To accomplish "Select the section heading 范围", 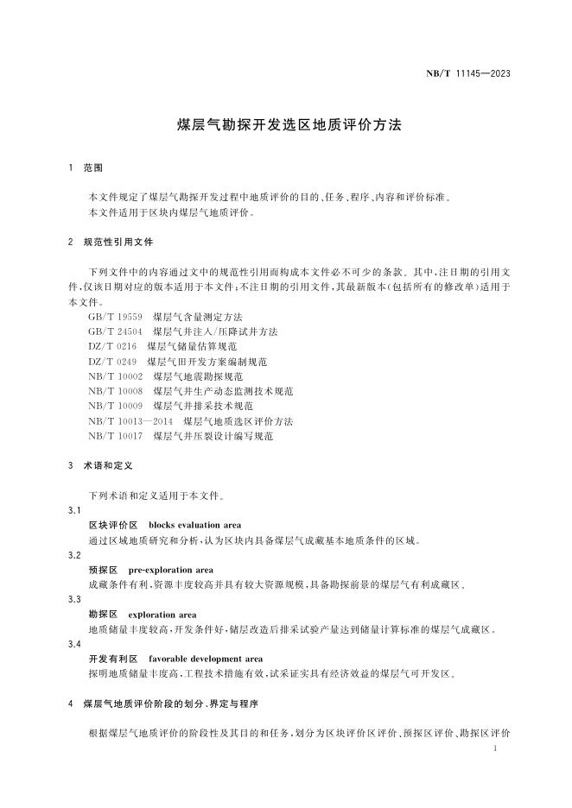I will tap(93, 166).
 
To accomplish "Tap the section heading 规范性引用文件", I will tap(118, 243).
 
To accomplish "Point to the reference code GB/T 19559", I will tap(114, 317).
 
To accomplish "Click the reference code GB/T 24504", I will tap(114, 331).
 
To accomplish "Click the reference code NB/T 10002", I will tap(115, 376).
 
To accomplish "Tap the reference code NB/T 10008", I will tap(115, 391).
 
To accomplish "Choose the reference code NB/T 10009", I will tap(115, 406).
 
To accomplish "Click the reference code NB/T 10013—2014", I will tap(130, 421).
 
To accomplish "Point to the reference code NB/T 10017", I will tap(115, 436).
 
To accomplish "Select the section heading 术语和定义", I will tap(107, 465).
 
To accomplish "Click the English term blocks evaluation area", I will tap(194, 526).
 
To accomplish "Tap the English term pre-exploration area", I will tap(170, 571).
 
